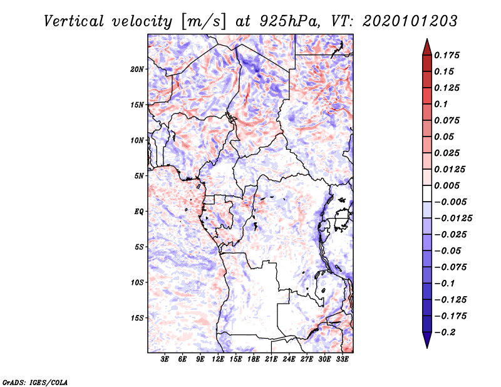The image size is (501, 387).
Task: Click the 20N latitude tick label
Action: coord(137,69)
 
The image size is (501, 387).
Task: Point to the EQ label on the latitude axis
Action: coord(138,211)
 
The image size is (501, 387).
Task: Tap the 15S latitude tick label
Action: coord(137,317)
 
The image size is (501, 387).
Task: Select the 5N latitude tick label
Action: coord(139,175)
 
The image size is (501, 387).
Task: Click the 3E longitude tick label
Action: coord(165,359)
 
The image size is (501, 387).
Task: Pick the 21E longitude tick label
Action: coord(272,359)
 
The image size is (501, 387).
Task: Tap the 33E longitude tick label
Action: coord(343,359)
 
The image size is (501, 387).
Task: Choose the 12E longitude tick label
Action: coord(219,359)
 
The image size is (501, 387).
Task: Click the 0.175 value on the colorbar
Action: coord(448,55)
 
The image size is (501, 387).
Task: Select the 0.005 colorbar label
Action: coord(448,185)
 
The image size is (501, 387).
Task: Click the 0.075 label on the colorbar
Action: coord(448,120)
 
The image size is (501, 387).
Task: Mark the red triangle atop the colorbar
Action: coord(426,46)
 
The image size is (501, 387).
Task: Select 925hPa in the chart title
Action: coord(282,21)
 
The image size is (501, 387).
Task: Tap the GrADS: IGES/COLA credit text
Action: coord(34,381)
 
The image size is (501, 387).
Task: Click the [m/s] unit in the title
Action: coord(202,21)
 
